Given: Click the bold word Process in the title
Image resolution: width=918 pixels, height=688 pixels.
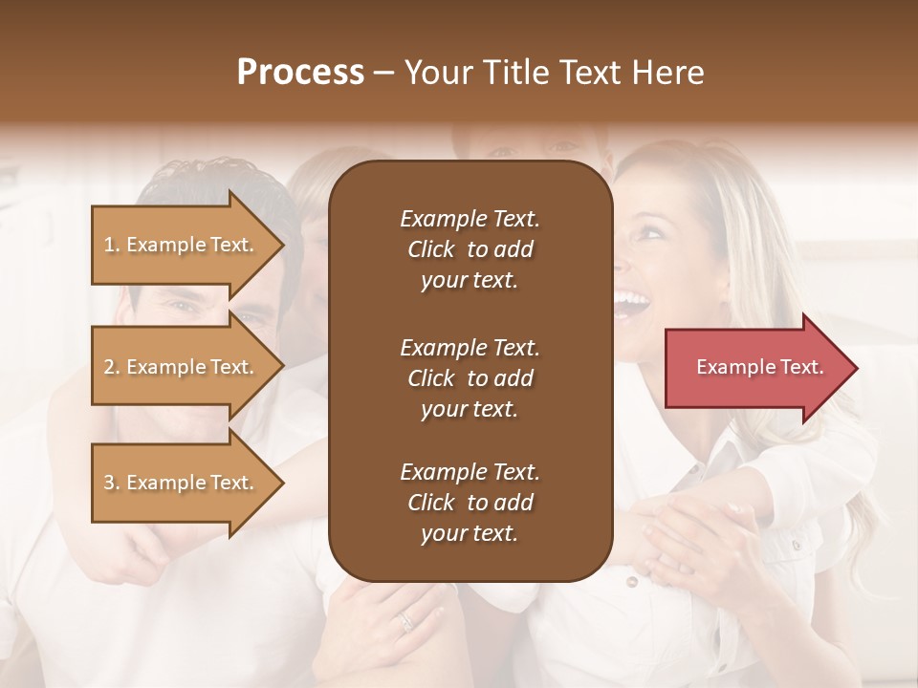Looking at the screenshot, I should click(300, 73).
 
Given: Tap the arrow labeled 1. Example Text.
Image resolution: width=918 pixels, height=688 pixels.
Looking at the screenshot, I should click(187, 245).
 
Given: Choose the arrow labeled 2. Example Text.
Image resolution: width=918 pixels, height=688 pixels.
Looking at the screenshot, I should click(187, 367).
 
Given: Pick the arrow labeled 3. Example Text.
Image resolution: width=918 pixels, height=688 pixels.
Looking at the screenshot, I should click(187, 483).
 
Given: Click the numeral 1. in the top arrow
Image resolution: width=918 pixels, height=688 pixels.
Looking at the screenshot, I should click(112, 245).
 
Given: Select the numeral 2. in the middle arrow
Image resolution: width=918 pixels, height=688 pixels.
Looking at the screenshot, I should click(112, 367).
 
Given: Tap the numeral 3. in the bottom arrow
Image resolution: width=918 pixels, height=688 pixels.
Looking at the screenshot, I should click(112, 483).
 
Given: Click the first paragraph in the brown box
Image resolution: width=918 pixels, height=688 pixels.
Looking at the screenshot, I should click(470, 249).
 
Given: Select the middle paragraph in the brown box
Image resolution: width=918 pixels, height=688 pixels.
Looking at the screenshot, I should click(470, 377).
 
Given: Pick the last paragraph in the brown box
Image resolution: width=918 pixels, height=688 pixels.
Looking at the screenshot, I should click(470, 503).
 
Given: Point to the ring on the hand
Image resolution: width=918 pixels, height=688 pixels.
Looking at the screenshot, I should click(406, 621).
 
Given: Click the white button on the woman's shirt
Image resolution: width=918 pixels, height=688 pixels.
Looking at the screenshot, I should click(630, 580).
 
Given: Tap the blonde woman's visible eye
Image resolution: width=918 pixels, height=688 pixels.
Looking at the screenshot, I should click(651, 229).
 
